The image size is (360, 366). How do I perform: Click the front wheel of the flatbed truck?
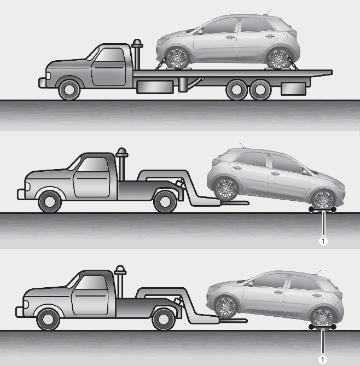tap(69, 90)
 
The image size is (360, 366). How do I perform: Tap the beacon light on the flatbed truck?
tap(137, 43)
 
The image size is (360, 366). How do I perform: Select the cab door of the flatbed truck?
tap(108, 67)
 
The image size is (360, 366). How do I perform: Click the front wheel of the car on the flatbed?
tap(177, 58)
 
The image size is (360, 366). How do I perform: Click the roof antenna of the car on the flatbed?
tap(269, 11)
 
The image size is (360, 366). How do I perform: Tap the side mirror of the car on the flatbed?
tap(199, 32)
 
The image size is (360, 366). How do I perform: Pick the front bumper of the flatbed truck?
tap(42, 83)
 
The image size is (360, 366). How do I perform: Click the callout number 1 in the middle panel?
tap(323, 241)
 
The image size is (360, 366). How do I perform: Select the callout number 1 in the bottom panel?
tap(323, 359)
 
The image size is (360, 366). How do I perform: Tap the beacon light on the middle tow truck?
tap(121, 152)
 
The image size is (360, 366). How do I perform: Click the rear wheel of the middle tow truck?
tap(165, 202)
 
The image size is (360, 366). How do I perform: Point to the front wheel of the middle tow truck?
tap(50, 202)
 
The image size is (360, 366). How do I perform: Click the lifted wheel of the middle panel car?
tap(226, 189)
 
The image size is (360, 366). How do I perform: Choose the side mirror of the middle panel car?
tap(306, 172)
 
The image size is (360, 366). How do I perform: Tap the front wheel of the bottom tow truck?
tap(48, 319)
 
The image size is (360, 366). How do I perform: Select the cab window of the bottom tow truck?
tap(90, 282)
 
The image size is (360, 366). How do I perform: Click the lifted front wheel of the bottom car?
tap(225, 307)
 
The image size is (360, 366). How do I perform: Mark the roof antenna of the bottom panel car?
tap(318, 272)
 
